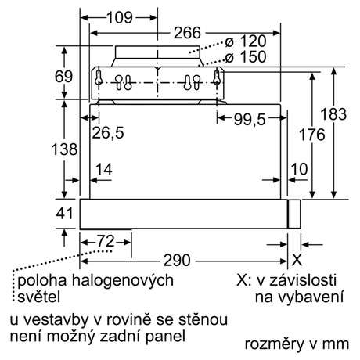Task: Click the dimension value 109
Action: coord(120,18)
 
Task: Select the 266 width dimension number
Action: coord(187,33)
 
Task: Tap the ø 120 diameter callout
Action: coord(246,41)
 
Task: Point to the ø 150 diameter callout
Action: coord(246,56)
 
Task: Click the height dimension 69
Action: coord(63,77)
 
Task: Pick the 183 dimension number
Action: coord(333,114)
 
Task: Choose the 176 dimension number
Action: coord(311,135)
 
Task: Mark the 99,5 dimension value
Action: coord(250,120)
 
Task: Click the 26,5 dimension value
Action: coord(108,132)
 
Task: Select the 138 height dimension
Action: coord(64,149)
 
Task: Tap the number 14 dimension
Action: coord(104,169)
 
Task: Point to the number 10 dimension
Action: coord(299,169)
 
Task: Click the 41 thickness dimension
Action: coord(64,214)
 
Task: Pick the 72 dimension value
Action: coord(106,241)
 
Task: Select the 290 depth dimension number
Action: coord(177,261)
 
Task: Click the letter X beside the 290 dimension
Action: coord(297,260)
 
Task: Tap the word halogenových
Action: coord(123,281)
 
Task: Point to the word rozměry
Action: coord(275,344)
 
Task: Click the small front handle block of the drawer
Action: coord(294,214)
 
